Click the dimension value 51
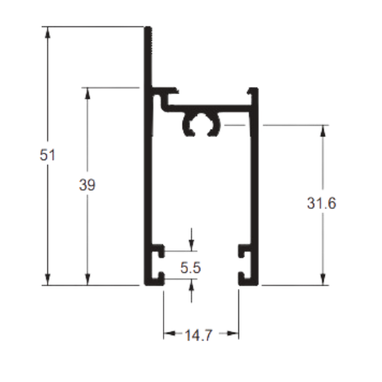(x=47, y=155)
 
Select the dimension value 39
(x=88, y=185)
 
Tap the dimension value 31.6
(x=322, y=203)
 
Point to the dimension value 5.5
(x=191, y=267)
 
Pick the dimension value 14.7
(x=199, y=335)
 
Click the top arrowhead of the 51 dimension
(x=47, y=32)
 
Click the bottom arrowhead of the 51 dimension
(x=47, y=280)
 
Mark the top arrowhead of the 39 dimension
(x=88, y=93)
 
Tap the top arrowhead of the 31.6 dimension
(x=323, y=130)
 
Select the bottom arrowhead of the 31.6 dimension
(x=323, y=280)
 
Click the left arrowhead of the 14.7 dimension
(x=170, y=333)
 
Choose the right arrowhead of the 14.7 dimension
(x=233, y=333)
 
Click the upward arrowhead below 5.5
(x=192, y=284)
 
